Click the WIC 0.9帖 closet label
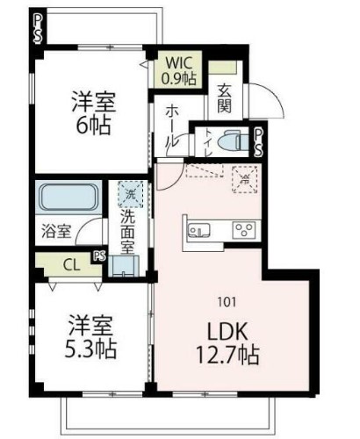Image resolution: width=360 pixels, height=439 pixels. (x=182, y=69)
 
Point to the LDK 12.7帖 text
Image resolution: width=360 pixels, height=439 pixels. (x=231, y=345)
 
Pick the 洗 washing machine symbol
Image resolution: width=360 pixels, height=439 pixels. (x=130, y=194)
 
